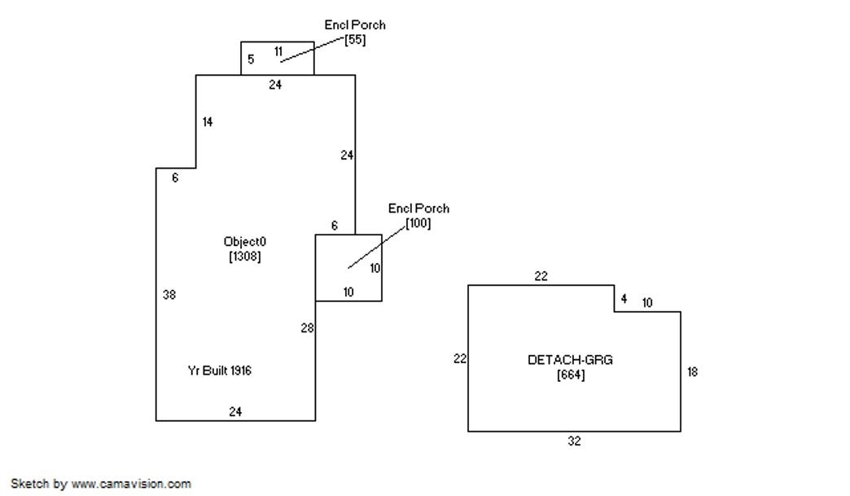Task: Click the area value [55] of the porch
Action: click(x=355, y=40)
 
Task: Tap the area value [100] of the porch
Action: click(x=418, y=223)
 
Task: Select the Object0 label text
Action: click(x=244, y=242)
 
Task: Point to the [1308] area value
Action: click(x=244, y=256)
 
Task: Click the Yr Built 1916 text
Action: click(x=220, y=371)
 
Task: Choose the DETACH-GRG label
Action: click(x=570, y=360)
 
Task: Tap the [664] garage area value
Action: click(x=570, y=375)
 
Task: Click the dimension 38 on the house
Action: click(x=169, y=295)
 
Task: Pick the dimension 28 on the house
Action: click(x=308, y=328)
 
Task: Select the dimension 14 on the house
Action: click(x=208, y=122)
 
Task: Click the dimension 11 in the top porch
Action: click(x=278, y=51)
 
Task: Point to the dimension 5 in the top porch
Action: click(x=251, y=59)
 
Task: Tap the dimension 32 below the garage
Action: click(x=574, y=441)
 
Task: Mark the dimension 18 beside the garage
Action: click(x=692, y=372)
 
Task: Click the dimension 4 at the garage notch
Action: click(x=624, y=299)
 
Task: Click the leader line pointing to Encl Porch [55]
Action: click(x=313, y=50)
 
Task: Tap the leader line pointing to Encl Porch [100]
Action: click(x=377, y=247)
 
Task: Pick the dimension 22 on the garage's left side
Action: click(x=460, y=359)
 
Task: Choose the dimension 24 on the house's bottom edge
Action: click(x=235, y=411)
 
